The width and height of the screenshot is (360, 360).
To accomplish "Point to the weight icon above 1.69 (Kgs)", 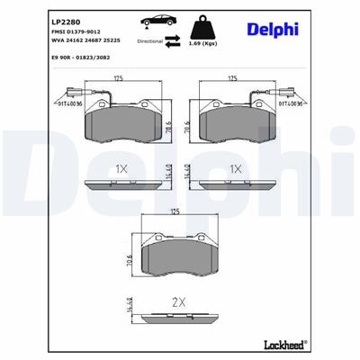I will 210,22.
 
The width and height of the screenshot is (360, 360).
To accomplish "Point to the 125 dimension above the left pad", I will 117,79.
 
